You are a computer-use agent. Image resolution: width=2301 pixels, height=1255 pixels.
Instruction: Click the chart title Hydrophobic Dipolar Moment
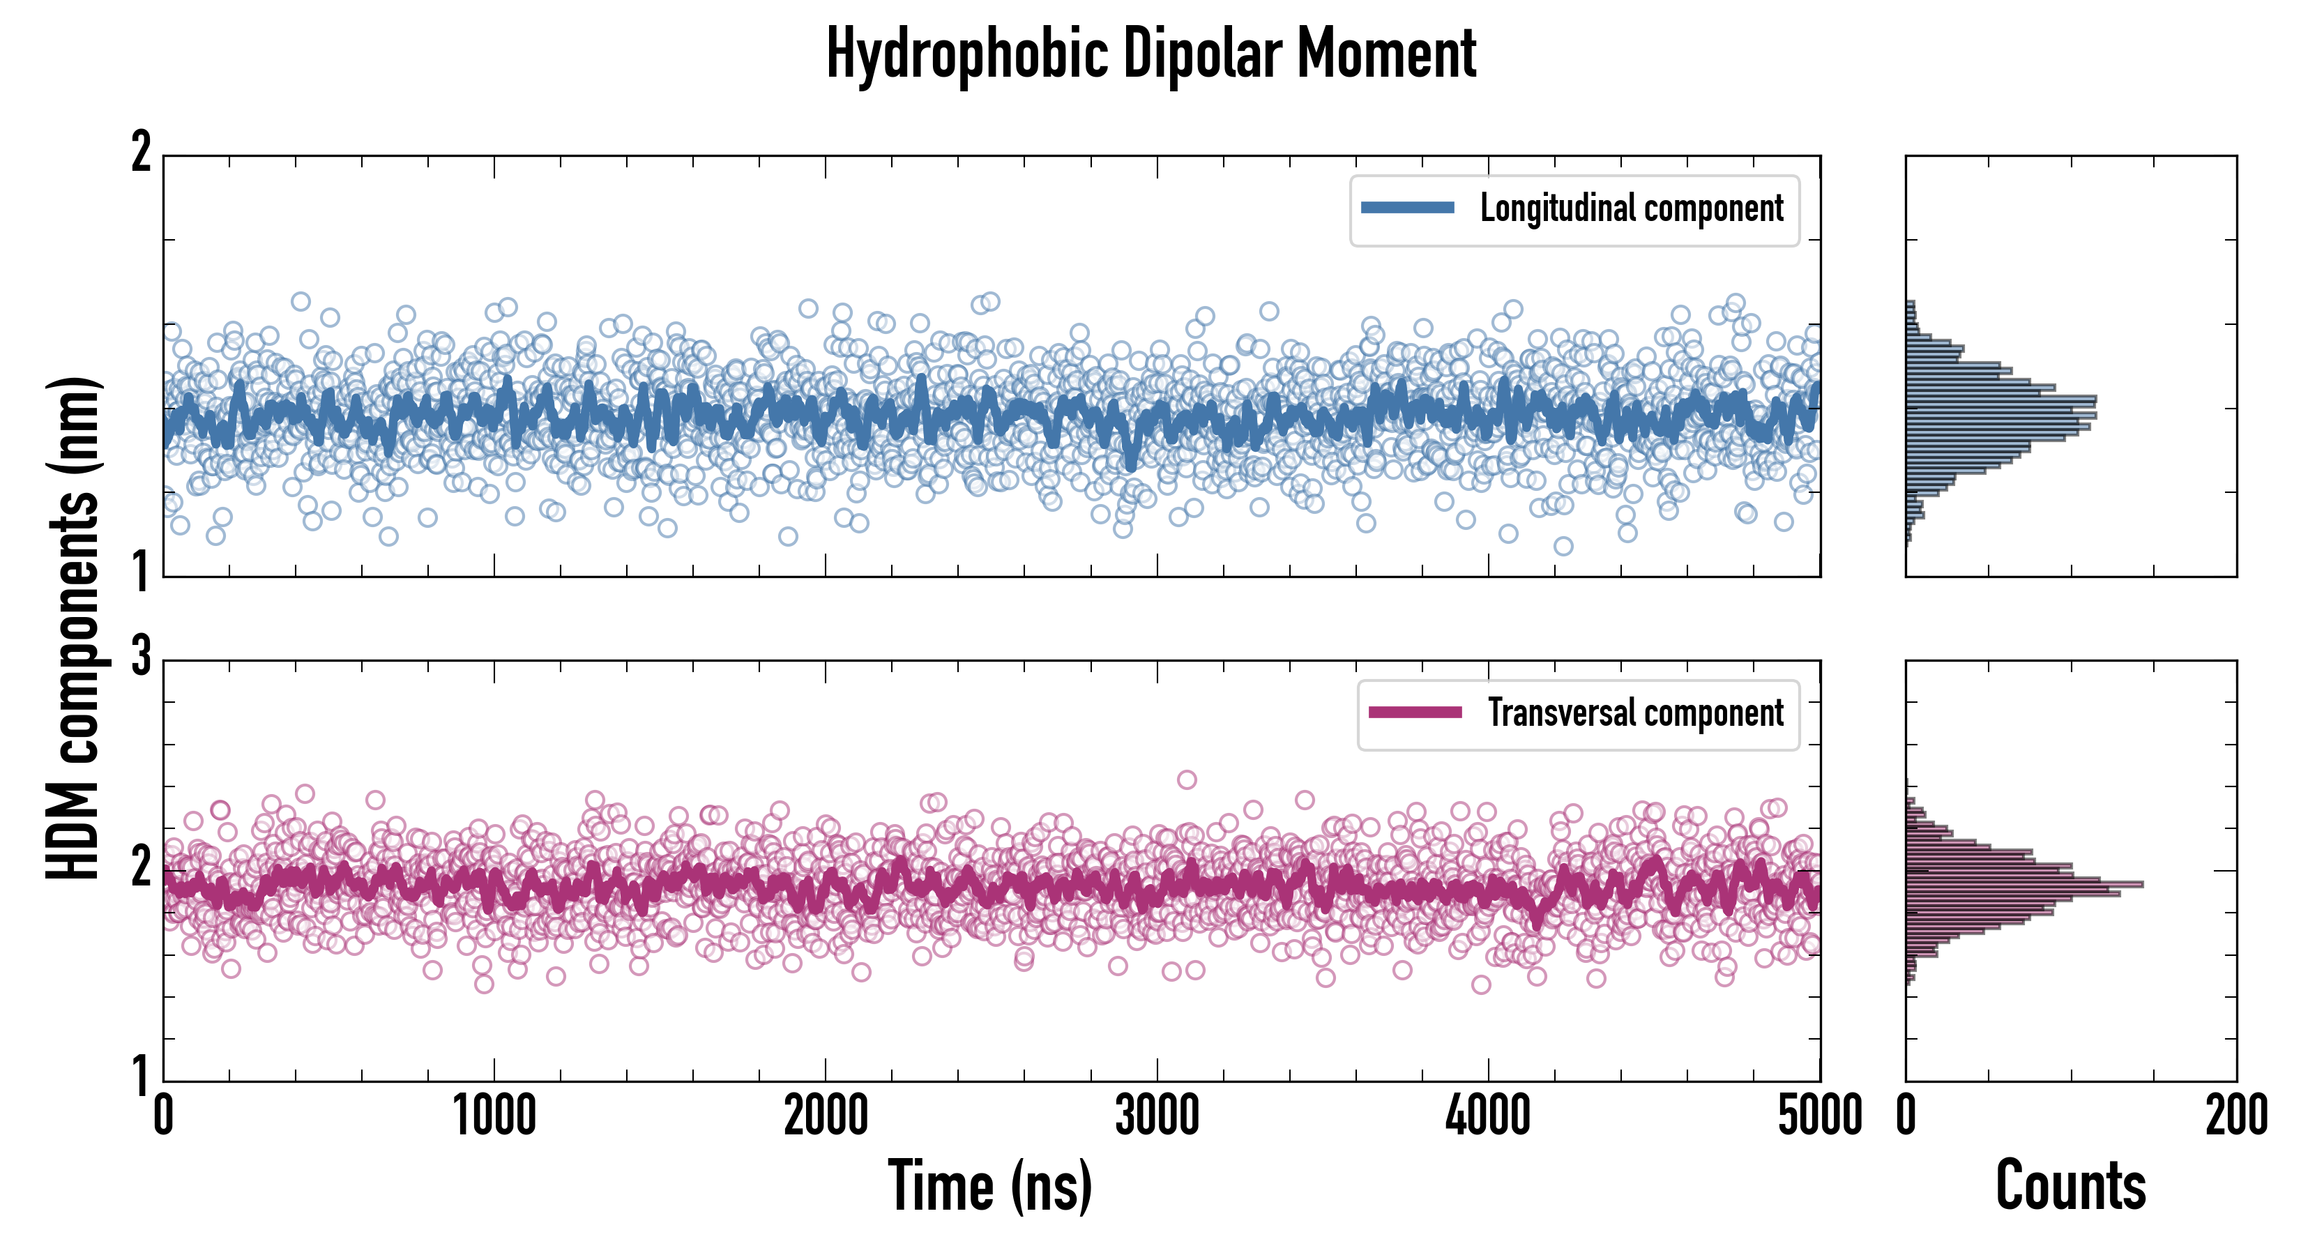(1150, 55)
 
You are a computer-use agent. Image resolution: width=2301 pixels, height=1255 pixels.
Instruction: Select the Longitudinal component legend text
(1631, 209)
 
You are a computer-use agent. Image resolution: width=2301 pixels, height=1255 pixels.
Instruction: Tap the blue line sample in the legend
(1407, 208)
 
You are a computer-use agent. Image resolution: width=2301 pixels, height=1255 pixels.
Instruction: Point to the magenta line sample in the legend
(1414, 713)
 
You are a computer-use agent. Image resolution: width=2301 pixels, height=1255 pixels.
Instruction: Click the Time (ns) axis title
(989, 1186)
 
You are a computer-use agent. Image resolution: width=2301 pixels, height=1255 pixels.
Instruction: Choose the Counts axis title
(2070, 1186)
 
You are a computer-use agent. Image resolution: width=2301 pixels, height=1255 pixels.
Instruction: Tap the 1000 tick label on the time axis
(494, 1116)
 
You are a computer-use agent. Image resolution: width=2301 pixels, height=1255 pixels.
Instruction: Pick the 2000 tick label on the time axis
(826, 1116)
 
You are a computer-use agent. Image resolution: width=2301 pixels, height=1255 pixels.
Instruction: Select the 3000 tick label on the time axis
(1157, 1116)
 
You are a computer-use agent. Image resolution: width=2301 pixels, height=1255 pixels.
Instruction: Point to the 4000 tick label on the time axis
(1488, 1116)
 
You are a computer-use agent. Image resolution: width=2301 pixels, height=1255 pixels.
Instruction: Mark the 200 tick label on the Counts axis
(2235, 1116)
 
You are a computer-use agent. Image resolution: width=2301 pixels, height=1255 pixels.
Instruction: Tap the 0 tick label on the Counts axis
(1906, 1116)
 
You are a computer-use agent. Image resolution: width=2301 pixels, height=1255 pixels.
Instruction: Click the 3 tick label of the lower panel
(141, 657)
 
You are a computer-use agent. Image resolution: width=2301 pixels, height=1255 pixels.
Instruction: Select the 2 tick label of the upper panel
(141, 153)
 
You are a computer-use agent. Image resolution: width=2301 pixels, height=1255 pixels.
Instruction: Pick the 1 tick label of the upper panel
(141, 572)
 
